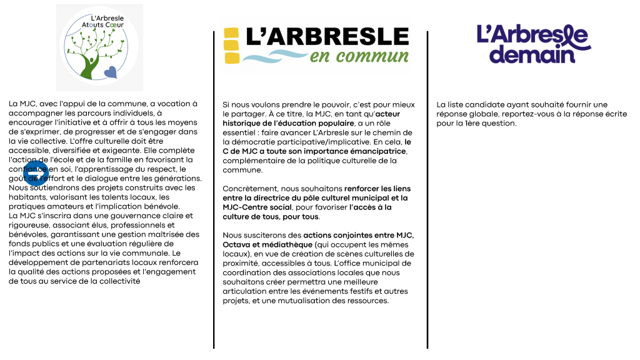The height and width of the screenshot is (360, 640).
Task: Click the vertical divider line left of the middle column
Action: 214,187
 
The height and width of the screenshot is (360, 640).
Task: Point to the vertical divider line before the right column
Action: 428,187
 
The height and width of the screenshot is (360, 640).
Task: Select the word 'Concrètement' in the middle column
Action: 247,189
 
